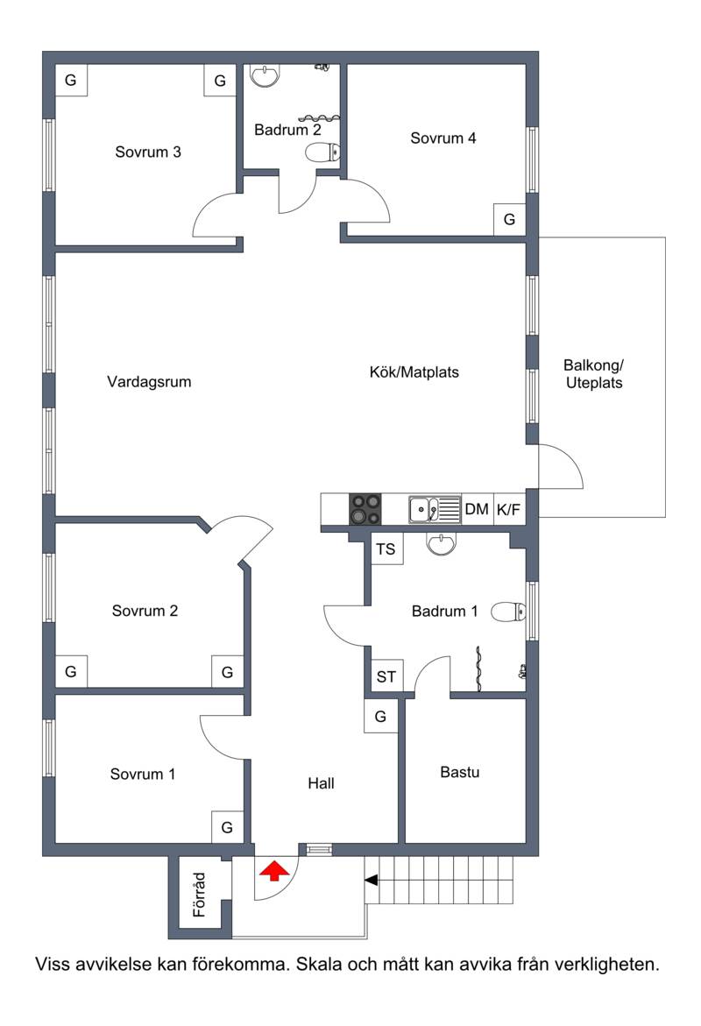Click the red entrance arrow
coord(274,871)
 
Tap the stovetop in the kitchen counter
coord(365,509)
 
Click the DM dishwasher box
coord(478,509)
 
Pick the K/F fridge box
coord(509,509)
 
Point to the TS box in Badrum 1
coord(386,549)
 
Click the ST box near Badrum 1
coord(386,676)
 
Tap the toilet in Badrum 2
coord(322,152)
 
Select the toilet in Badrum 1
coord(508,612)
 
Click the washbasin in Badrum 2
coord(266,75)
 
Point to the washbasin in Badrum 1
coord(441,544)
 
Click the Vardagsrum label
coord(149,381)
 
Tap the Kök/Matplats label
coord(414,372)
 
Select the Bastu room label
coord(459,772)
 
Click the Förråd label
coord(200,895)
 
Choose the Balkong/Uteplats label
coord(594,374)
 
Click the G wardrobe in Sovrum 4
coord(509,219)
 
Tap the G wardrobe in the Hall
coord(380,717)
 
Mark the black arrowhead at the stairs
coord(372,881)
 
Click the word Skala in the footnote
coord(320,964)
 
